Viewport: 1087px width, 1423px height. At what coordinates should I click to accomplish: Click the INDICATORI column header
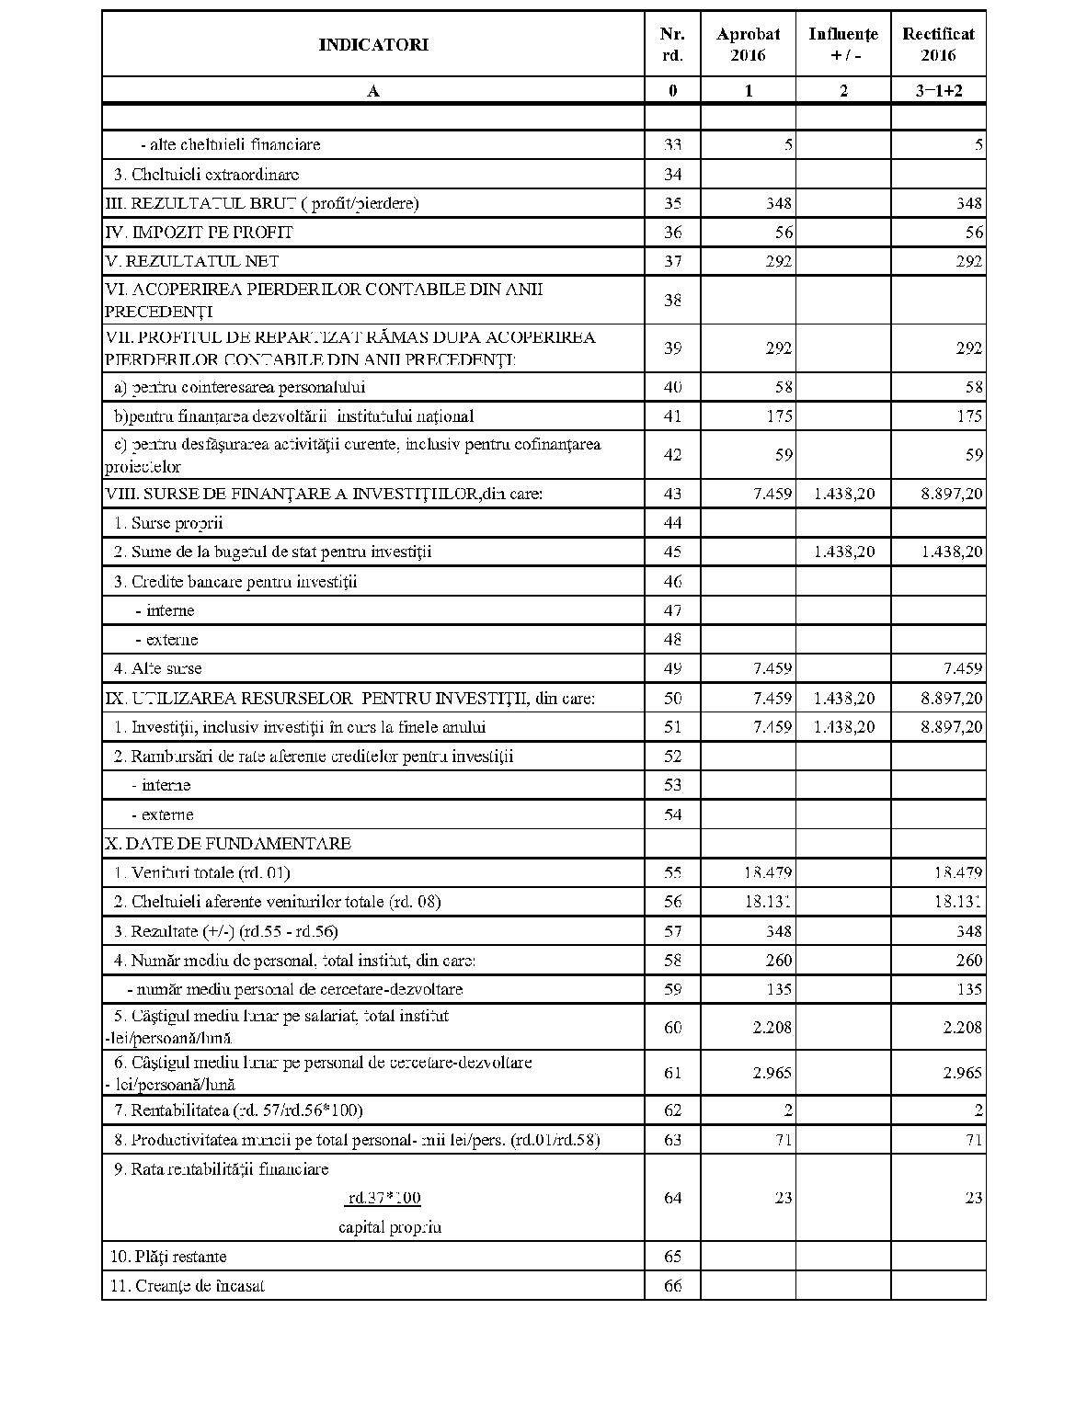tap(372, 44)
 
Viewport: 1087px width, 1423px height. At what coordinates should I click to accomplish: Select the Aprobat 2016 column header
tap(748, 44)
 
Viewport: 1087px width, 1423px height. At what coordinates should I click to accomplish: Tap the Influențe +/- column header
tap(843, 44)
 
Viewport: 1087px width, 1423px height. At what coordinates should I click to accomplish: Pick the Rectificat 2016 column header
tap(938, 44)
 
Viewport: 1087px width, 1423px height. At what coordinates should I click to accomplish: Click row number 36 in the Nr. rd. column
tap(672, 233)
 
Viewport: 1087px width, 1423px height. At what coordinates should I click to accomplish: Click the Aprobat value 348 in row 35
tap(778, 203)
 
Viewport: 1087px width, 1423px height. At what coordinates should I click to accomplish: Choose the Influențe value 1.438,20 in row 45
tap(844, 552)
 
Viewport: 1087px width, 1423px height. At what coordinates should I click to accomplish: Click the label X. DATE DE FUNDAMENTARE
tap(228, 843)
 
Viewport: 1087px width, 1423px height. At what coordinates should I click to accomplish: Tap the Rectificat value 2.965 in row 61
tap(962, 1073)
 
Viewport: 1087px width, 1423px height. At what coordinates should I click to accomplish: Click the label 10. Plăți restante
tap(168, 1256)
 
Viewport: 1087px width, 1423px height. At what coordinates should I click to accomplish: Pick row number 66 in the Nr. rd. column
tap(672, 1285)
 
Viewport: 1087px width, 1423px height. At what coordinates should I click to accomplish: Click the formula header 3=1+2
tap(938, 90)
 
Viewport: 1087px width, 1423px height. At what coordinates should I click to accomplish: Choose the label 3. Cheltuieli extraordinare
tap(206, 174)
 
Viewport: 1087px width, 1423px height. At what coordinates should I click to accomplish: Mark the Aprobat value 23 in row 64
tap(783, 1197)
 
